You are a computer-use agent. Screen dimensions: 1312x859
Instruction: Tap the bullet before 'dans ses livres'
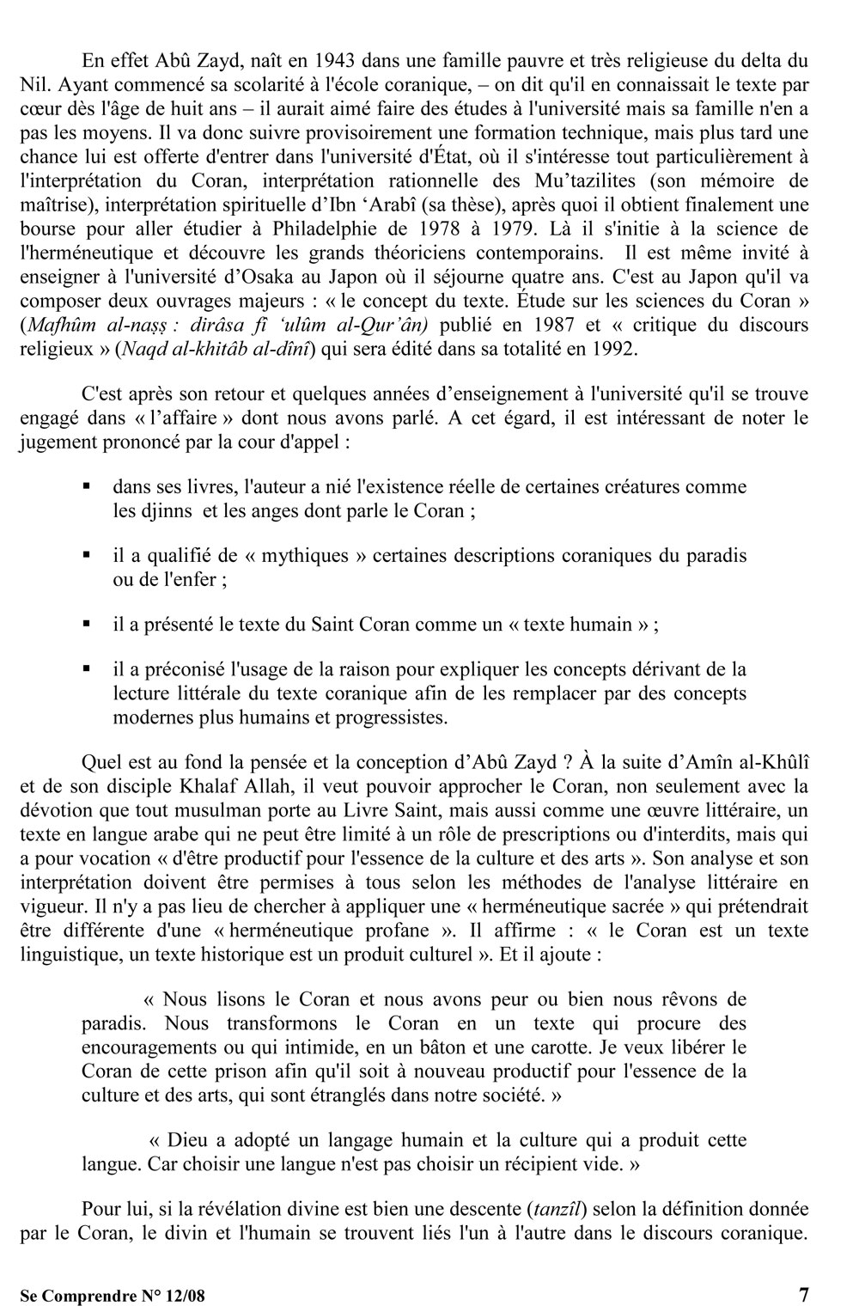[87, 487]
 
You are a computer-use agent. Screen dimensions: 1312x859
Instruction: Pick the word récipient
[516, 1164]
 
